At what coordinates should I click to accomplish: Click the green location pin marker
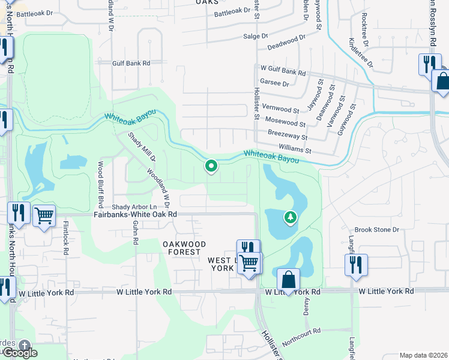(211, 166)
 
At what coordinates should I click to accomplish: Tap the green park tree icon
(291, 217)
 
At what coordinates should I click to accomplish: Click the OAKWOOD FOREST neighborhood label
(184, 248)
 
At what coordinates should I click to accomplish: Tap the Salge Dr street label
(255, 36)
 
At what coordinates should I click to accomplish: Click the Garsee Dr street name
(274, 83)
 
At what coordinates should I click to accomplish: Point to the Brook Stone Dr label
(377, 230)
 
